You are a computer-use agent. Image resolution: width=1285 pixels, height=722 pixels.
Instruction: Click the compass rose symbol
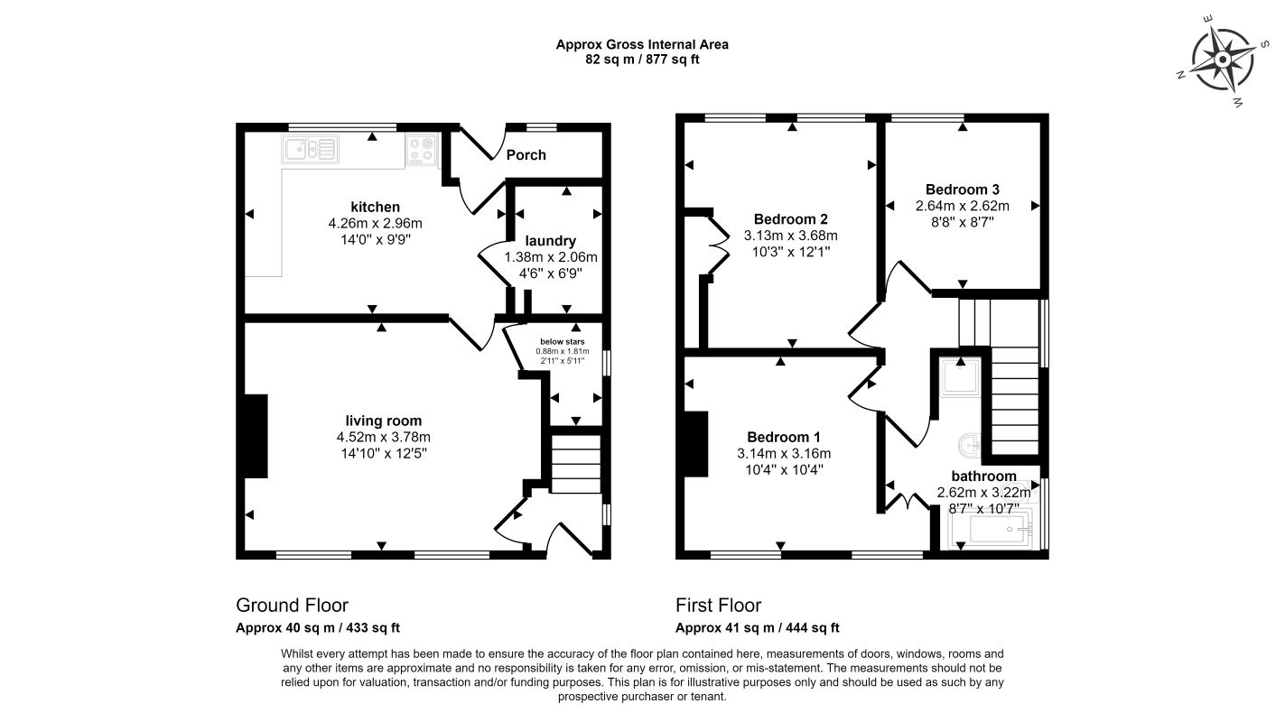click(1222, 60)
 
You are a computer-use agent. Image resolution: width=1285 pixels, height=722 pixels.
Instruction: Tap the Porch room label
click(526, 155)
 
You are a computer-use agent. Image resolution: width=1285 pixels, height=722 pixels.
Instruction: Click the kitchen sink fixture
click(310, 149)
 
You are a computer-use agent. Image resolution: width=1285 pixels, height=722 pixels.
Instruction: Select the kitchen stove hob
click(422, 150)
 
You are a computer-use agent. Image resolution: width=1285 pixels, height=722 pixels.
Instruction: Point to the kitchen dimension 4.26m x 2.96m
click(375, 223)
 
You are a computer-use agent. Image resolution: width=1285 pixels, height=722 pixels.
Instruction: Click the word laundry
click(550, 241)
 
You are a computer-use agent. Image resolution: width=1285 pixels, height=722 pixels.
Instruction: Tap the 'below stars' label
click(563, 342)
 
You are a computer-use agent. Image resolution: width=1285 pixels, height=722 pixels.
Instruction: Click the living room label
click(383, 421)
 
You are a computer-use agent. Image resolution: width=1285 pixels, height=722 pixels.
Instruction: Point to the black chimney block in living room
click(256, 436)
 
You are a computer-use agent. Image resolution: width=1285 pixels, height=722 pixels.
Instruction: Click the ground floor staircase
click(575, 464)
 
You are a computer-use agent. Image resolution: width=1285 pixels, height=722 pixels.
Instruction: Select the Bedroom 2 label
click(790, 219)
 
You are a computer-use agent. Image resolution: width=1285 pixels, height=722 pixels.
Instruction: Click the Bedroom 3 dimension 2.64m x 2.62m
click(962, 206)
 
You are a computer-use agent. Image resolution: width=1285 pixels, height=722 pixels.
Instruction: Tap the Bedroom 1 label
click(784, 437)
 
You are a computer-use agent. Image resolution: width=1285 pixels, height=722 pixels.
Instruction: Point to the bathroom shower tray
click(960, 377)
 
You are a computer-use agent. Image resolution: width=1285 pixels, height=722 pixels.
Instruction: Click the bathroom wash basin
click(970, 445)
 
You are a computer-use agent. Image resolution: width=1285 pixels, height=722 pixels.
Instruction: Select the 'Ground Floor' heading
click(292, 606)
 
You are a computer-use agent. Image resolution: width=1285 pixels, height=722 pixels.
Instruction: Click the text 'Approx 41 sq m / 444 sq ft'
click(758, 628)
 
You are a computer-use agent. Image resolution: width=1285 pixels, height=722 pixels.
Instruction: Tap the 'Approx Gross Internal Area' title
click(642, 44)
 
